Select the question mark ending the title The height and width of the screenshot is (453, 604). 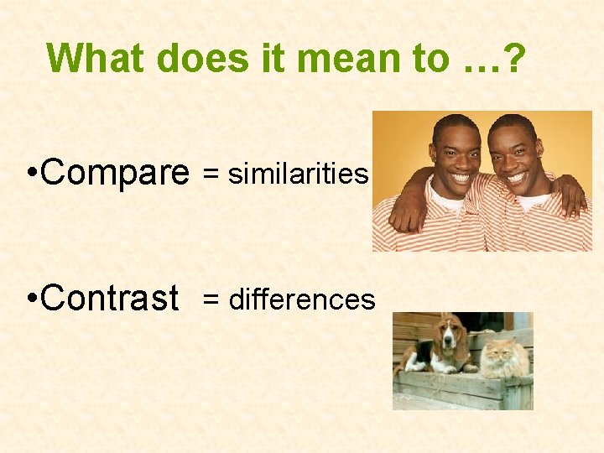[513, 58]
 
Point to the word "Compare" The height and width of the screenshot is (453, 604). [114, 173]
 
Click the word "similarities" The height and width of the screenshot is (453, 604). [298, 174]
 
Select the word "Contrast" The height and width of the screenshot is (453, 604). [109, 298]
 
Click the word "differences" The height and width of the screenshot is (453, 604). [302, 299]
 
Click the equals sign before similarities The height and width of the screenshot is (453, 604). [212, 174]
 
